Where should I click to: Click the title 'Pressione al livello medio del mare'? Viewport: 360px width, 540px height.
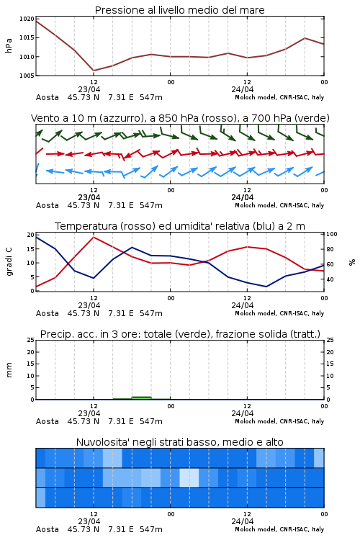point(179,10)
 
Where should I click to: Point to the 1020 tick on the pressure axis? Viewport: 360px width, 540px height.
point(27,19)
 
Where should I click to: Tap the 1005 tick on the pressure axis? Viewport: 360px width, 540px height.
point(27,76)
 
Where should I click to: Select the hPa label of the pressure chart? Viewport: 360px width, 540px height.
point(9,45)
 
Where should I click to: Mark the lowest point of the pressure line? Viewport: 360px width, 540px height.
point(94,71)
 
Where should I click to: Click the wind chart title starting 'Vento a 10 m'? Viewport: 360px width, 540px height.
point(180,118)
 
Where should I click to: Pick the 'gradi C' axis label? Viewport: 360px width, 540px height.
point(9,262)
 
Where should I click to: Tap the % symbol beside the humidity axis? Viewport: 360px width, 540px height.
point(352,262)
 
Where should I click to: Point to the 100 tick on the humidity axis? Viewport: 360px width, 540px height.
point(332,234)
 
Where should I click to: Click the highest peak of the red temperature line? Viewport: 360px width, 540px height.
point(94,237)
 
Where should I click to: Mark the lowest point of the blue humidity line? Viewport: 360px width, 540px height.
point(266,287)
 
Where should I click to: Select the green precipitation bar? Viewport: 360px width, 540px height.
point(142,397)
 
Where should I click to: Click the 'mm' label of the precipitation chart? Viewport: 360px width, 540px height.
point(9,370)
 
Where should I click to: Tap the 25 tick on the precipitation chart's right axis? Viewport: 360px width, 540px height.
point(330,340)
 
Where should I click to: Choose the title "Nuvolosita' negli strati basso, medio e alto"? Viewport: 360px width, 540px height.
point(179,442)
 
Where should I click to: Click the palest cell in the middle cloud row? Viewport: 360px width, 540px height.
point(189,477)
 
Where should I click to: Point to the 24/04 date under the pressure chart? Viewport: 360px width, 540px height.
point(242,89)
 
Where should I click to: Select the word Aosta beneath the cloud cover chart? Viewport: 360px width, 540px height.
point(48,529)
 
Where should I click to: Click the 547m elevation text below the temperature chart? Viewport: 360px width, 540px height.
point(151,313)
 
